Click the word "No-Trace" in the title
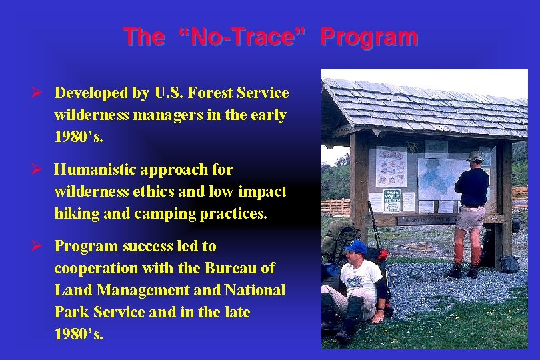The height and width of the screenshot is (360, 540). click(242, 37)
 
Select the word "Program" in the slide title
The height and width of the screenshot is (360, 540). click(369, 37)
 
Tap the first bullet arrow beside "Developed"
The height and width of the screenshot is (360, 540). click(41, 93)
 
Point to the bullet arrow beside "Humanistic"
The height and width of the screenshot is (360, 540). click(41, 170)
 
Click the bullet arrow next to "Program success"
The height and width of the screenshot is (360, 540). click(41, 247)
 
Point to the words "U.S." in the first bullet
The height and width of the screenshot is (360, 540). click(174, 93)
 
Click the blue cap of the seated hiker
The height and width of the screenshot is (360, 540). click(355, 247)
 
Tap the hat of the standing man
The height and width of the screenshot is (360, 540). click(475, 156)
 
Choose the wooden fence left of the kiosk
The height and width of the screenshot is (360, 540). click(336, 206)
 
